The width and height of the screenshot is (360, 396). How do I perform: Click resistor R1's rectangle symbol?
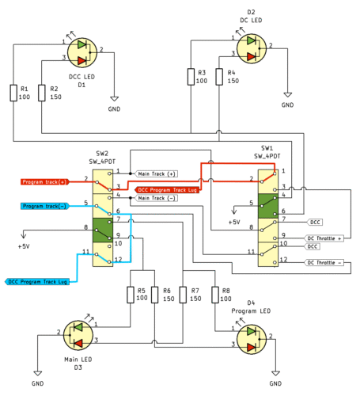[x=13, y=93]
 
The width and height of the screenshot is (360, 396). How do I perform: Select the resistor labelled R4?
[x=219, y=76]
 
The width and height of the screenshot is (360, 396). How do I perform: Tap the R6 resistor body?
[x=156, y=295]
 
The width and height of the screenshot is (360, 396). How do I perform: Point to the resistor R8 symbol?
[x=214, y=295]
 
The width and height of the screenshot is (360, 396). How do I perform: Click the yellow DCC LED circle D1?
[x=82, y=51]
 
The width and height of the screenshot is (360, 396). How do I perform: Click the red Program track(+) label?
[x=44, y=181]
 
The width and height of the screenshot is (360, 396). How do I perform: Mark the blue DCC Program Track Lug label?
[x=40, y=281]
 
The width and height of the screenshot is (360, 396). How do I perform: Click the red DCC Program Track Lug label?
[x=166, y=190]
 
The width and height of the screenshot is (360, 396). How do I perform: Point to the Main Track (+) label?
[x=157, y=173]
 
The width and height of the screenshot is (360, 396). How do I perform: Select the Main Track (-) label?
[x=157, y=198]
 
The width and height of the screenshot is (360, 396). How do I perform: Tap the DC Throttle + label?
[x=325, y=238]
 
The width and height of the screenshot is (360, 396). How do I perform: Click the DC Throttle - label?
[x=325, y=261]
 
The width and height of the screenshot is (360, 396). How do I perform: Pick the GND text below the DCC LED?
[x=114, y=109]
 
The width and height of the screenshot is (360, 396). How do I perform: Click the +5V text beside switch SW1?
[x=233, y=223]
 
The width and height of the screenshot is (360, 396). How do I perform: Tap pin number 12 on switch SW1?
[x=282, y=260]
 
